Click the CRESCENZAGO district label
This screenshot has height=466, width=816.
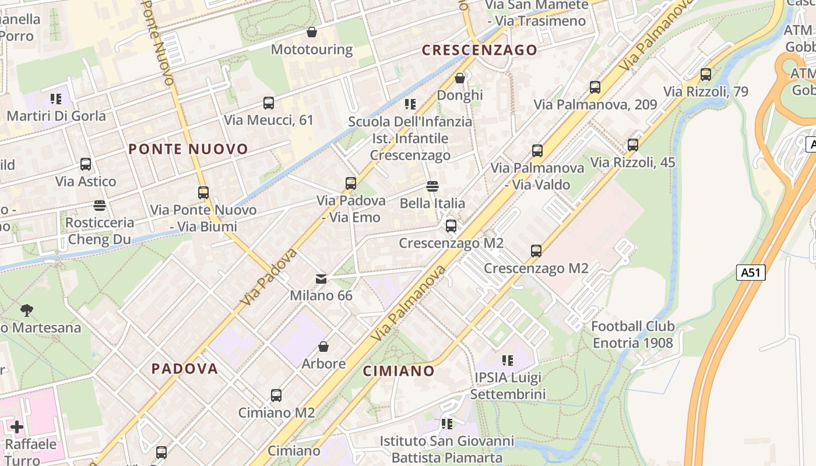coord(479,50)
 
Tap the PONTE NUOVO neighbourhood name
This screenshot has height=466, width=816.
coord(188,149)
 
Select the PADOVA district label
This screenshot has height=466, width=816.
coord(185,368)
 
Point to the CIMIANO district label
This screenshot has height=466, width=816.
coord(399,371)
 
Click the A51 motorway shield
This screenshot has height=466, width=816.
coord(750,272)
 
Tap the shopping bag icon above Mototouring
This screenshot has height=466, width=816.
coord(312,32)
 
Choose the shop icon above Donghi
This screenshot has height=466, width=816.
coord(460,77)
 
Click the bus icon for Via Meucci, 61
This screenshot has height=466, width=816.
coord(269,103)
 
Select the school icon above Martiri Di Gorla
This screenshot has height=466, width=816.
coord(56,98)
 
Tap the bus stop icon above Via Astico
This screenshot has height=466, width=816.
coord(86,164)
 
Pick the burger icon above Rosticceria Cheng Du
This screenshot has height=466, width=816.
coord(100,205)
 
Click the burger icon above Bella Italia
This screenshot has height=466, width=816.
coord(432,186)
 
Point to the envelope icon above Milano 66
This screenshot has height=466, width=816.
coord(321,278)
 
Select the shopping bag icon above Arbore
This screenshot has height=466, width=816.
coord(323,347)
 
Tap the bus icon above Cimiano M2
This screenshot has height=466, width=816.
coord(276,396)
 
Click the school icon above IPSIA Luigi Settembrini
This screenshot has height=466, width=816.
coord(508,360)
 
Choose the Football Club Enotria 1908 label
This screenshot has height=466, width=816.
coord(633,334)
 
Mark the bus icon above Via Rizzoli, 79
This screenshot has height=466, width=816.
coord(706,75)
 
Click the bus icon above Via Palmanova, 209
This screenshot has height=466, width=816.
coord(595,87)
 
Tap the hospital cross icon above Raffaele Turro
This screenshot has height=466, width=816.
coord(17,427)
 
